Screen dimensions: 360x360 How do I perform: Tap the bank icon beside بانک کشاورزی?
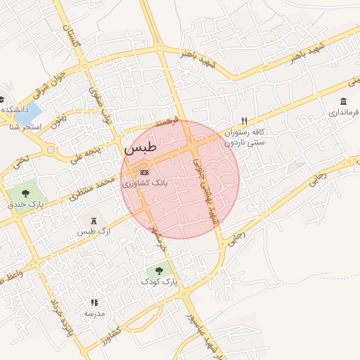pos(144,172)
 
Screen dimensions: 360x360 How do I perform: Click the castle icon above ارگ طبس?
pos(94,221)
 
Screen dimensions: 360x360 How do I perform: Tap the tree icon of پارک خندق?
pos(26,193)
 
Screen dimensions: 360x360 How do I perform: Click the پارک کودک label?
pos(160,281)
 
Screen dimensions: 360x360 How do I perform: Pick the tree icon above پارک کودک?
pos(159,269)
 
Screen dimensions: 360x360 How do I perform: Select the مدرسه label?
pos(94,313)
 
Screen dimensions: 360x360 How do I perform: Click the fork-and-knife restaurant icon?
pos(244,121)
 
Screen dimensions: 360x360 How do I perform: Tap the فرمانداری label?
pos(344,112)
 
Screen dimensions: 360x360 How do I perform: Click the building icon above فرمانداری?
pos(343,101)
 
